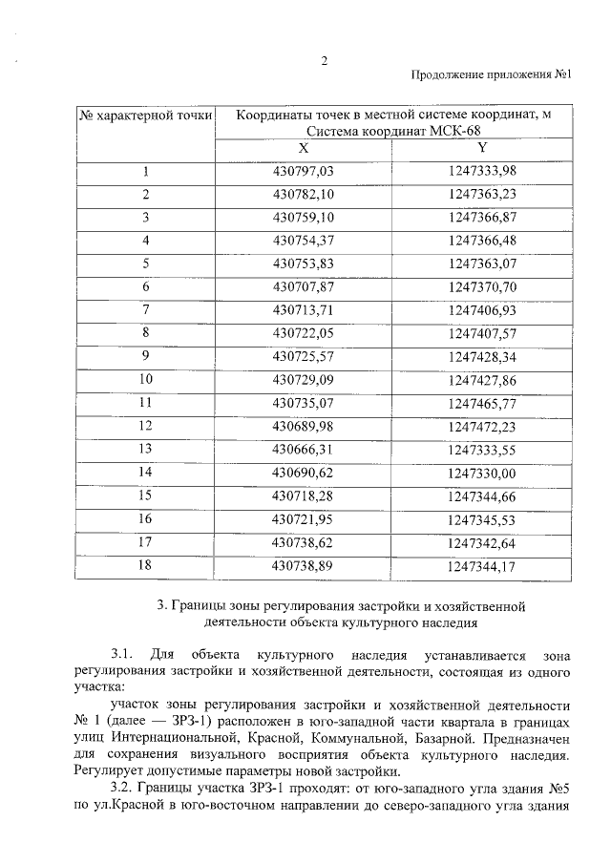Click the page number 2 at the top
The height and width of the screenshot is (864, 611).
(324, 62)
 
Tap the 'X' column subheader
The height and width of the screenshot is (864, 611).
(303, 149)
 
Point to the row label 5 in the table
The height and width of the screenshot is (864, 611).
(146, 263)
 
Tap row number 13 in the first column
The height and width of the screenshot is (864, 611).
(146, 448)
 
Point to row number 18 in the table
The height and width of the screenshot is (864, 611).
(146, 564)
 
